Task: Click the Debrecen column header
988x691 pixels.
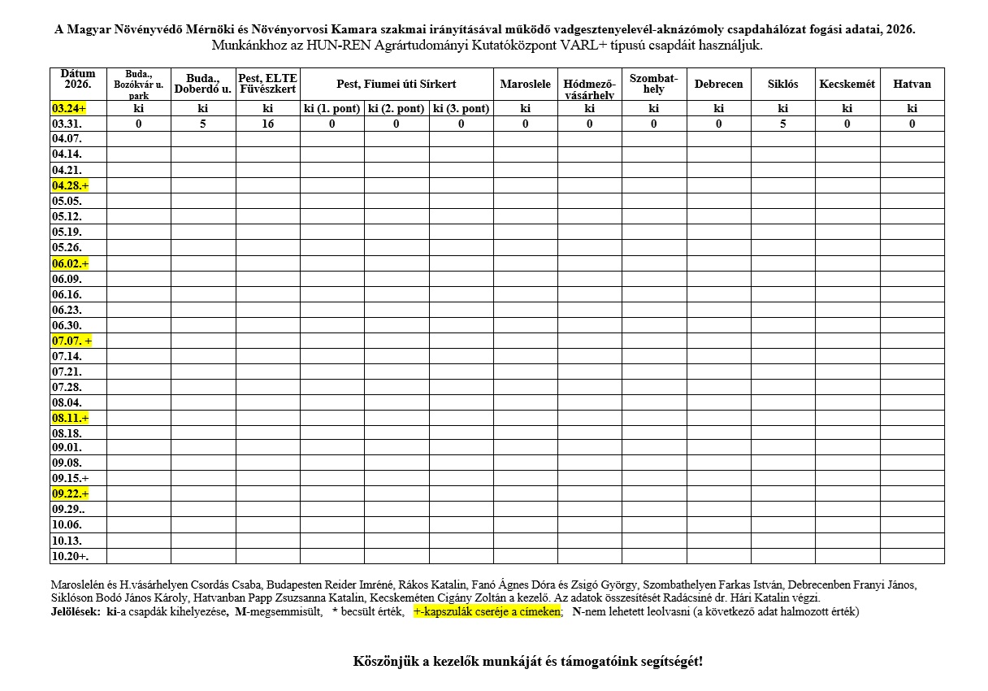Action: [718, 85]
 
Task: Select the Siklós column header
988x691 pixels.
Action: [782, 85]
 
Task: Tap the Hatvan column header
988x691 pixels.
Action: [912, 85]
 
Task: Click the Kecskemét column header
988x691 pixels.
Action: [847, 85]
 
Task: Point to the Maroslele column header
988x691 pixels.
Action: [525, 85]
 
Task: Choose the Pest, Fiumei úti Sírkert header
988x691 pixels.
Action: [396, 85]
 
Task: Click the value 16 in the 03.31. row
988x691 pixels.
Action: [267, 124]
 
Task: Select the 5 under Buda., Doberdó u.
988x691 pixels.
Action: [203, 124]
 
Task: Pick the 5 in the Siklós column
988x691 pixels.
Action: [782, 124]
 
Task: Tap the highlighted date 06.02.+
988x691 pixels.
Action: [70, 263]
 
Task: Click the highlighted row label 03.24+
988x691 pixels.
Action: [69, 108]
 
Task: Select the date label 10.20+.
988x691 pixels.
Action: [69, 556]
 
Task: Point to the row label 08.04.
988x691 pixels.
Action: [67, 403]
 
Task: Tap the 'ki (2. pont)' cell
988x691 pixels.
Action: [396, 108]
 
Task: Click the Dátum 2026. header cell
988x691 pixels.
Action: [77, 79]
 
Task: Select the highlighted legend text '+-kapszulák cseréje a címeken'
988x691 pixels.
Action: [487, 612]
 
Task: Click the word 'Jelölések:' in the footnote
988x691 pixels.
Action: [76, 612]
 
